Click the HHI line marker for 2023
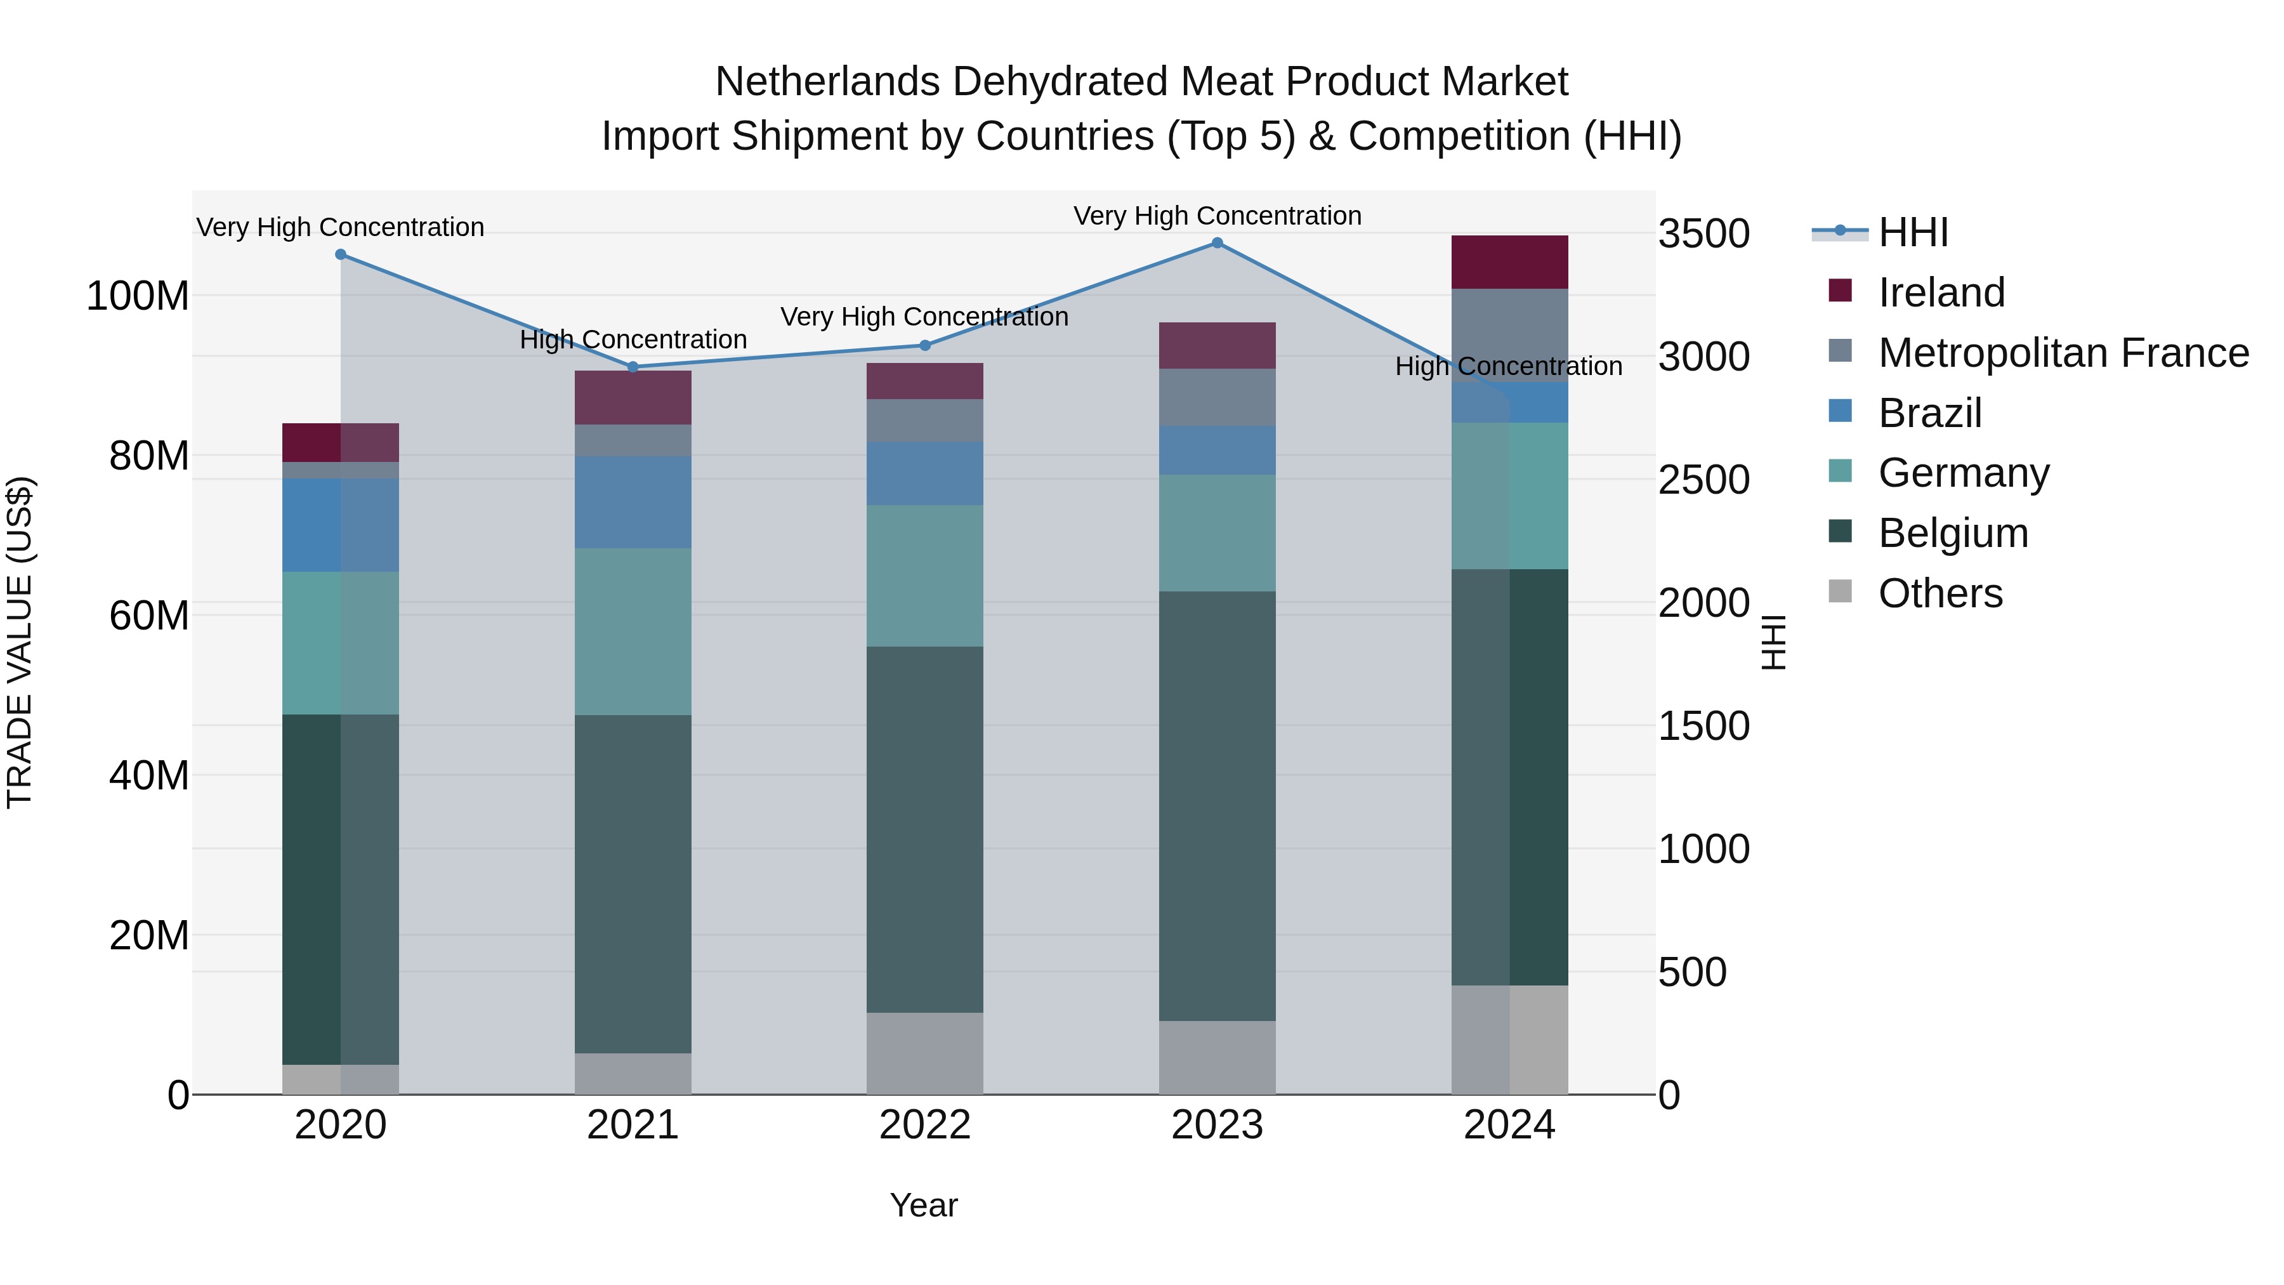tap(1217, 243)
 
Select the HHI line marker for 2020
tap(341, 254)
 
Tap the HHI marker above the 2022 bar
tap(925, 345)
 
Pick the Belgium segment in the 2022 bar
tap(925, 829)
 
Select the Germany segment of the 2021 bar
tap(633, 631)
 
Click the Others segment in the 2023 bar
tap(1217, 1057)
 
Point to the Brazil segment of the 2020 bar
tap(341, 525)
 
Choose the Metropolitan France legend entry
tap(2063, 353)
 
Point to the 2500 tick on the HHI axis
tap(1703, 480)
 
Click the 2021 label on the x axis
tap(633, 1124)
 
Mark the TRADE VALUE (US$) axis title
tap(20, 642)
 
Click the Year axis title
tap(924, 1205)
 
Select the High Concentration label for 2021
tap(633, 339)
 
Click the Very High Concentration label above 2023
tap(1217, 216)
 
